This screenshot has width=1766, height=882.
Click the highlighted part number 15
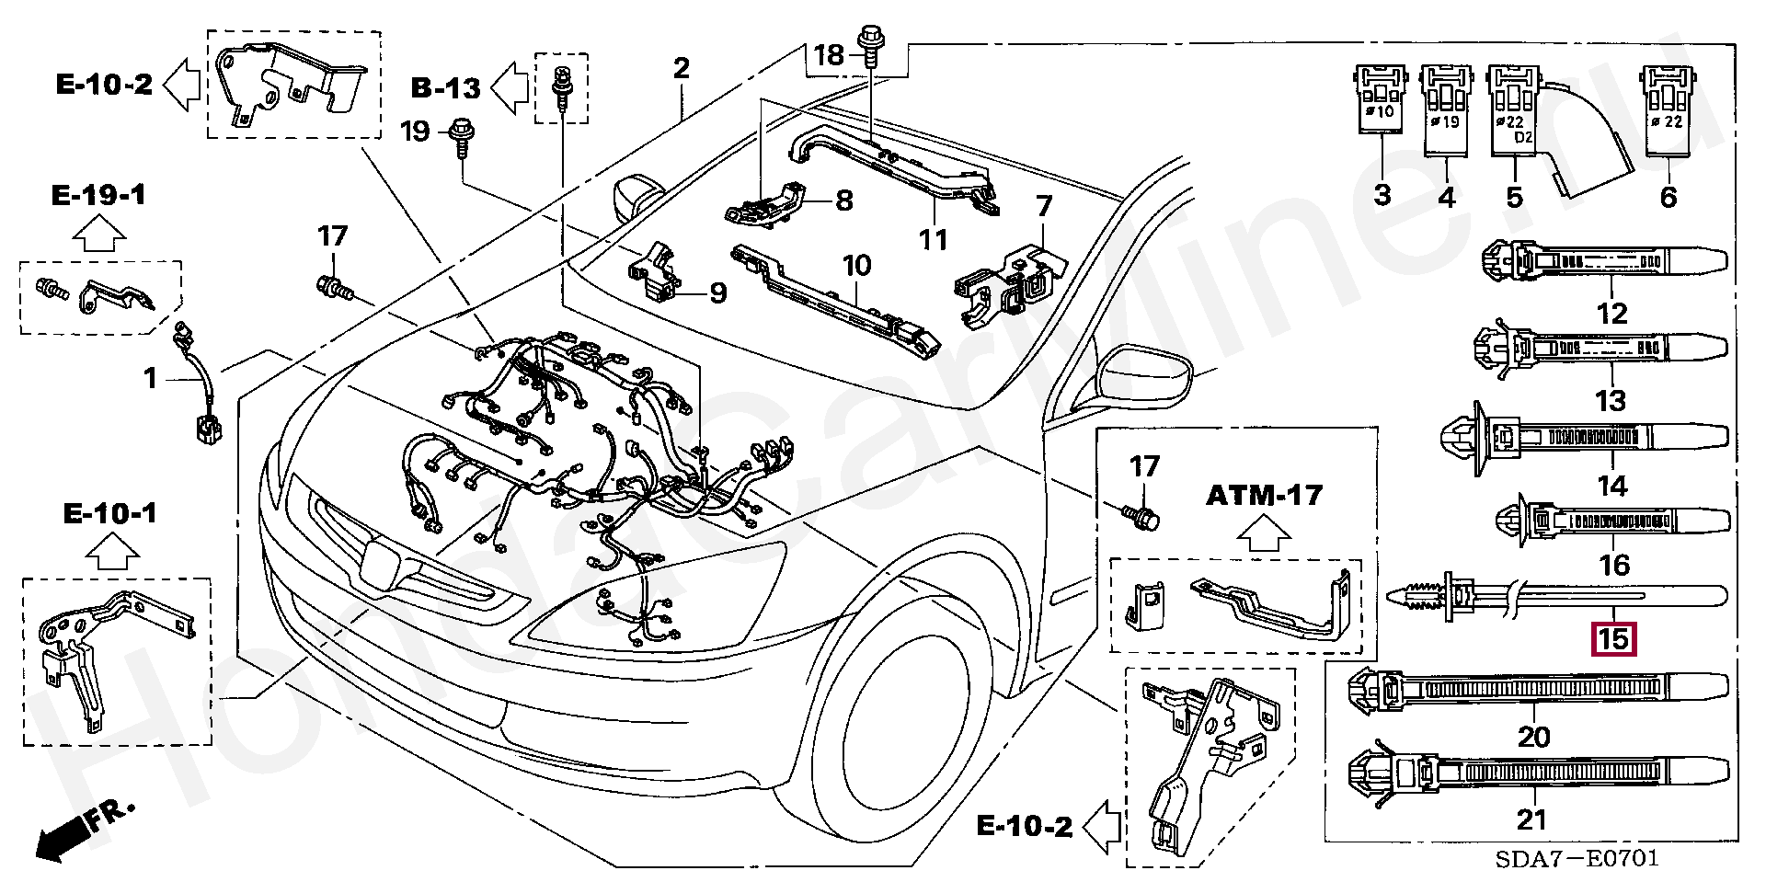pyautogui.click(x=1614, y=638)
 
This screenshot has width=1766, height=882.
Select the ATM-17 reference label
pyautogui.click(x=1264, y=496)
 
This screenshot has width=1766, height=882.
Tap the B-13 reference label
pyautogui.click(x=446, y=88)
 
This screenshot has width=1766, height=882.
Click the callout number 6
pyautogui.click(x=1669, y=196)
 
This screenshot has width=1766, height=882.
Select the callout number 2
pyautogui.click(x=681, y=69)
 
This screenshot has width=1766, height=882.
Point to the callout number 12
pyautogui.click(x=1612, y=314)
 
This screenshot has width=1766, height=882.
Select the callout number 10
pyautogui.click(x=856, y=268)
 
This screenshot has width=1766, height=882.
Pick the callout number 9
pyautogui.click(x=717, y=293)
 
